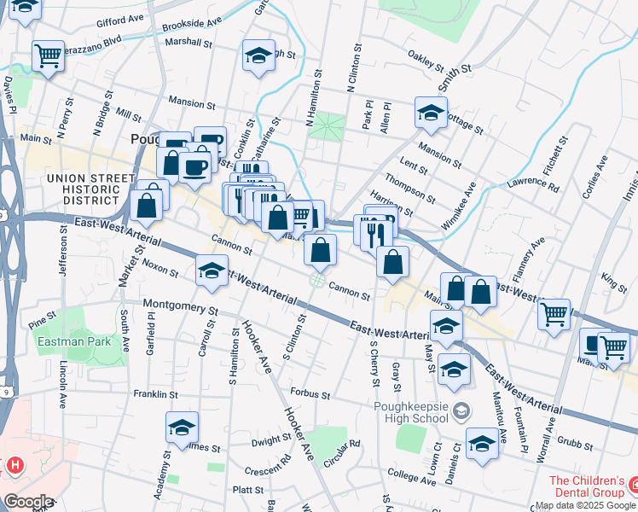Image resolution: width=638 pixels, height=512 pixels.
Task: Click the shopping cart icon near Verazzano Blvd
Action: point(49,56)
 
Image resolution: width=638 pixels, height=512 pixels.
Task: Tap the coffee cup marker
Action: point(195,166)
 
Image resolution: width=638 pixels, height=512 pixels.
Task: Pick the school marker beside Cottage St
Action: point(432,113)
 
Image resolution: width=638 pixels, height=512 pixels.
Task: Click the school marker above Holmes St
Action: point(182,428)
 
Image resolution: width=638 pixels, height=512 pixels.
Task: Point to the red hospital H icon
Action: point(14,465)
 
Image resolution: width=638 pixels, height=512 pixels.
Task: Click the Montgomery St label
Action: point(182,305)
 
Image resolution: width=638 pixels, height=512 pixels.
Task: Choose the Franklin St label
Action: point(155,394)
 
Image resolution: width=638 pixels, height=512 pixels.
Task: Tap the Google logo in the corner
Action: point(28,502)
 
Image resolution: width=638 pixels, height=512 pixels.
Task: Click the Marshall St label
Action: point(188,41)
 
